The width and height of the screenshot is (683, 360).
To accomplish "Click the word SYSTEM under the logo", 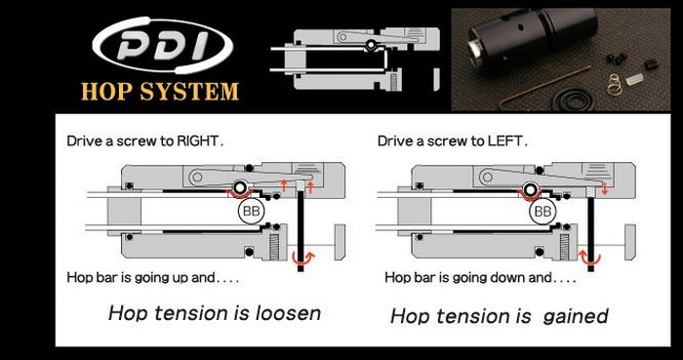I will coord(194,94).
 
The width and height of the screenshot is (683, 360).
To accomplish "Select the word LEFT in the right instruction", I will coord(506,140).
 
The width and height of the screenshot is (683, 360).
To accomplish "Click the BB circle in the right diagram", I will coord(542,210).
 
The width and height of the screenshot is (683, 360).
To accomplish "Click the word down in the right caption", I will coord(492,278).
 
